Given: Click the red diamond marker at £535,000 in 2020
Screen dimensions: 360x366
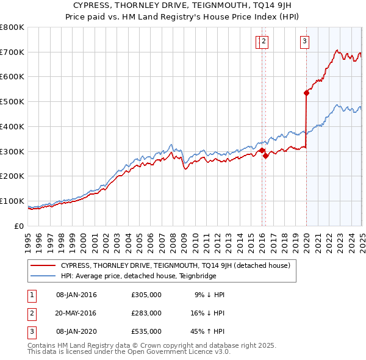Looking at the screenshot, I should (306, 93).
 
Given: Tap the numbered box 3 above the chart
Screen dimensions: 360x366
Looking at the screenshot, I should (304, 41).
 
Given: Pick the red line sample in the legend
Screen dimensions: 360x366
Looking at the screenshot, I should (43, 265).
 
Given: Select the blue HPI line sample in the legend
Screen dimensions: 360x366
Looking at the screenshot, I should (43, 276).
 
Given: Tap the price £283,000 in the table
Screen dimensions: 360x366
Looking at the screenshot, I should (146, 313).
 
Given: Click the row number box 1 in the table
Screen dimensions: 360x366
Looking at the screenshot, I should (30, 295).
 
